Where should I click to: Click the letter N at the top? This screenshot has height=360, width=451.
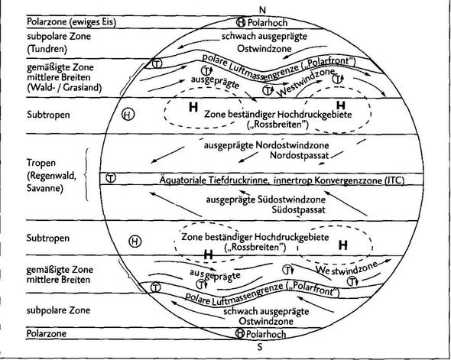[x=262, y=10]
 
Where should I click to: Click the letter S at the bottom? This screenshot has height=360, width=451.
[x=260, y=347]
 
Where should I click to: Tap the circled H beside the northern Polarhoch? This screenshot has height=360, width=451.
[x=241, y=22]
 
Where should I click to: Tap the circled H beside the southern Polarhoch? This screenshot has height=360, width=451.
[x=240, y=333]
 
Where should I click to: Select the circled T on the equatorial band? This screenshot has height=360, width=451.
[x=111, y=178]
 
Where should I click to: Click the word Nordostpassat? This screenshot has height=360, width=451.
[x=299, y=156]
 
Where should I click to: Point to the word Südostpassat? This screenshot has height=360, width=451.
[x=299, y=209]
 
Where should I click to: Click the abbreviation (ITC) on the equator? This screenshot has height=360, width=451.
[x=394, y=180]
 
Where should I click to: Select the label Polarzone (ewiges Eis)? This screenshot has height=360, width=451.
[x=71, y=22]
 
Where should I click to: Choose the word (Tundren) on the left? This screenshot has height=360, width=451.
[x=47, y=49]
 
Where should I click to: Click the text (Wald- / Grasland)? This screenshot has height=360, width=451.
[x=64, y=87]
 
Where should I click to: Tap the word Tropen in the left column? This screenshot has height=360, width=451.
[x=41, y=163]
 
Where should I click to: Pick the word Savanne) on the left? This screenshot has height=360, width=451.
[x=44, y=188]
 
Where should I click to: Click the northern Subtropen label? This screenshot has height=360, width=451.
[x=48, y=115]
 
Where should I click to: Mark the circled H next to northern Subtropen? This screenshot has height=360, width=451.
[x=128, y=115]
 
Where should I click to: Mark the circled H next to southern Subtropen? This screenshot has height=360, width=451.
[x=135, y=241]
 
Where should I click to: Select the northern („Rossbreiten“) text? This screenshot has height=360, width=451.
[x=277, y=125]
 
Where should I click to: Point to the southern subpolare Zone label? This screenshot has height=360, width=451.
[x=58, y=310]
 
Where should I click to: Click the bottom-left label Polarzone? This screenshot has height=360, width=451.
[x=47, y=333]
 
